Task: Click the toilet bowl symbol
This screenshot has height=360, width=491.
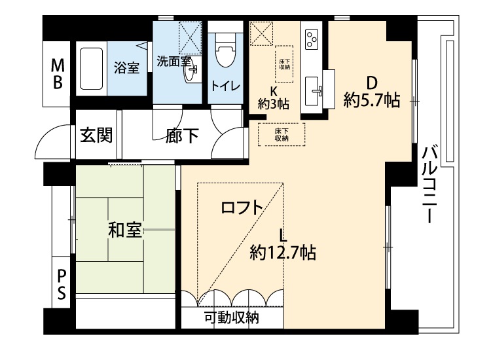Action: pos(225,50)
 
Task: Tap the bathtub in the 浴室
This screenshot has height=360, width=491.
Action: pos(91,69)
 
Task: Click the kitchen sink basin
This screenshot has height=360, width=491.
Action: pos(312,91)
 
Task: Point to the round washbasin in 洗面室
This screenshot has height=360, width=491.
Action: pos(191,71)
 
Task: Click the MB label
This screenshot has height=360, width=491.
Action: pos(58,75)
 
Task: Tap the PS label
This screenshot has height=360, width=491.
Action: pos(62,285)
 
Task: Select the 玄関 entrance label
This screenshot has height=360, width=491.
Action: pos(96,135)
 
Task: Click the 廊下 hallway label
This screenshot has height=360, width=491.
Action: pos(182,135)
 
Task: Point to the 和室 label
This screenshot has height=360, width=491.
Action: pos(125,230)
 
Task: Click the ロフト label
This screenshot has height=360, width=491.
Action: pos(242,207)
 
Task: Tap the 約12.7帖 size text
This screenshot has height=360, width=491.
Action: pos(283,252)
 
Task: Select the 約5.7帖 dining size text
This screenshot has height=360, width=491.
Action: pos(371,100)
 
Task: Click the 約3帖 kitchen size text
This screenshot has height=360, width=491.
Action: pos(274,103)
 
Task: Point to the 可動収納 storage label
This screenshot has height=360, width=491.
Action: pos(232,317)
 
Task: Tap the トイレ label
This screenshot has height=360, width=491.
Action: pos(225,86)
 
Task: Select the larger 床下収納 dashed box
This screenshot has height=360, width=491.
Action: pos(282,134)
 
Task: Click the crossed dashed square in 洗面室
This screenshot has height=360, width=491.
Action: pos(190,38)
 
